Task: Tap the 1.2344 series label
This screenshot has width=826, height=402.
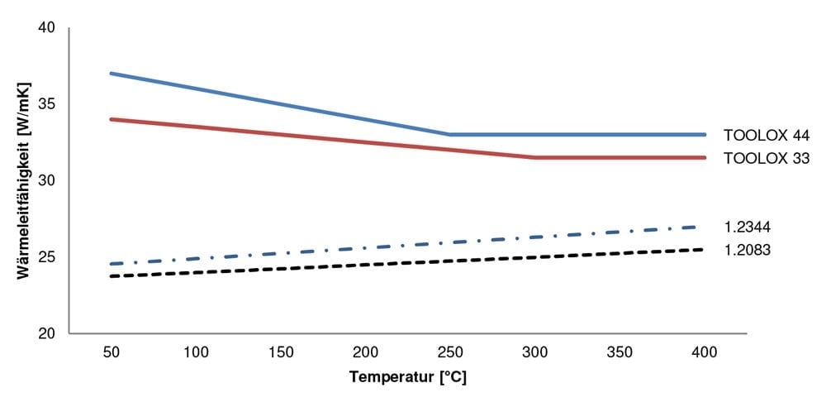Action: (748, 227)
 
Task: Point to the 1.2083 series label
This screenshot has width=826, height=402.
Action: (748, 249)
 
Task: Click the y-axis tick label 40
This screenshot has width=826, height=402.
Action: (46, 28)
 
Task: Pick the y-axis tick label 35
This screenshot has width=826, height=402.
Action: (46, 105)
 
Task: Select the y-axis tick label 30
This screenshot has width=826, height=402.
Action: (46, 181)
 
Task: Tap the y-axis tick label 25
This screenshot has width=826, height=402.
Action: (46, 258)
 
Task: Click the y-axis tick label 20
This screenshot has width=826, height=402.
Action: (46, 334)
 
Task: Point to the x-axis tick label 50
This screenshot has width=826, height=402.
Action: (111, 352)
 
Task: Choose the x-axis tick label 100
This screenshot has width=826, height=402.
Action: (196, 352)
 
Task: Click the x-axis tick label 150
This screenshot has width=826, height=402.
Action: (280, 352)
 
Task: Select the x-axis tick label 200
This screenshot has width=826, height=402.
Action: (365, 352)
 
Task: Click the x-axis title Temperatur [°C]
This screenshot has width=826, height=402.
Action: (408, 378)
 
